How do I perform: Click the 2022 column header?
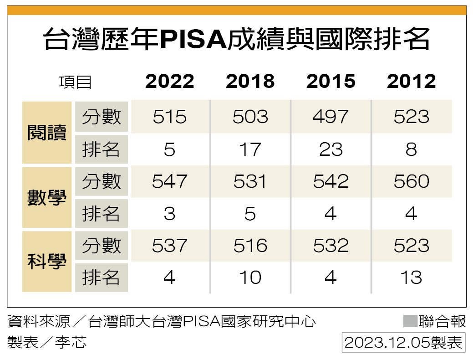pos(170,82)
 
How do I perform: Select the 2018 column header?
pos(250,82)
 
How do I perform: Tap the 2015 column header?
pos(331,82)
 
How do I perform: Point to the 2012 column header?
pos(411,82)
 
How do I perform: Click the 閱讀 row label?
pos(47,133)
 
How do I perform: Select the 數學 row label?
pos(47,197)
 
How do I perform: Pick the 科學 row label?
pos(47,262)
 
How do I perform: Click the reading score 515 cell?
pos(170,117)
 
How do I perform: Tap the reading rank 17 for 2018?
pos(250,149)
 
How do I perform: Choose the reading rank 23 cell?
pos(331,149)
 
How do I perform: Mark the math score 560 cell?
pos(411,182)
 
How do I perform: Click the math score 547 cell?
pos(170,182)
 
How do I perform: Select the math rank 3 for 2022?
pos(170,214)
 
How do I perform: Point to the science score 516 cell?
pos(250,246)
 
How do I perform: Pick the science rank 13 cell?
pos(411,278)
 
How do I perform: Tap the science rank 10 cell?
pos(250,278)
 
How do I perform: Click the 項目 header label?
pos(75,82)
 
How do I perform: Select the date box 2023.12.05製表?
pos(403,342)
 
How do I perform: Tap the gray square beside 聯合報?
pos(410,321)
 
